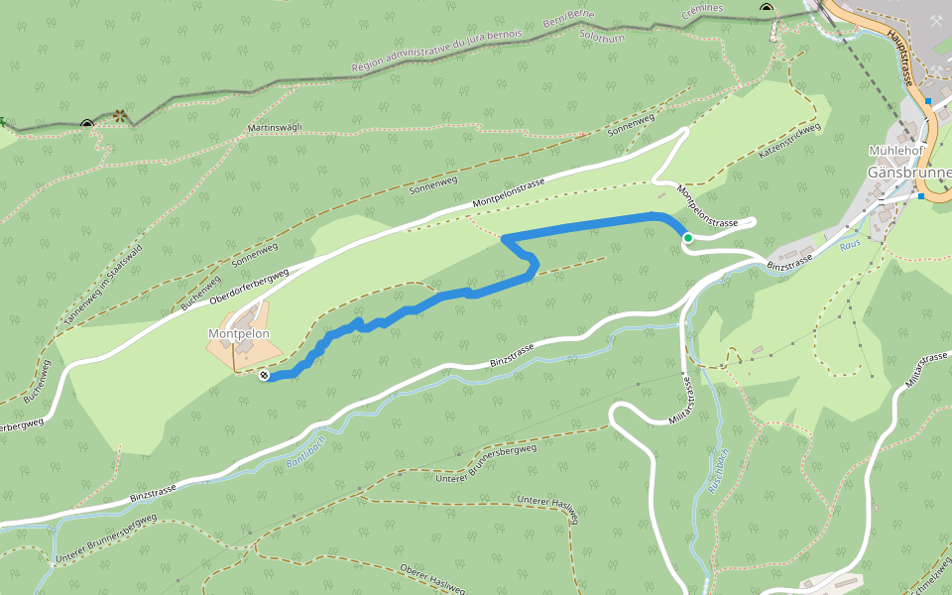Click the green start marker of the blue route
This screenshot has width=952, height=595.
687,238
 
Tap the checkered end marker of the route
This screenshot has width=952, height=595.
264,376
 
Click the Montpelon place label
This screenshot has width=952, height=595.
238,334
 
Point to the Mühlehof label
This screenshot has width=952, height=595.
895,150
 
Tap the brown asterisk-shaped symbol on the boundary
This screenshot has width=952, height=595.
121,116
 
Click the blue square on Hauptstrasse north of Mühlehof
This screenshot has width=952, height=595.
928,101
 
